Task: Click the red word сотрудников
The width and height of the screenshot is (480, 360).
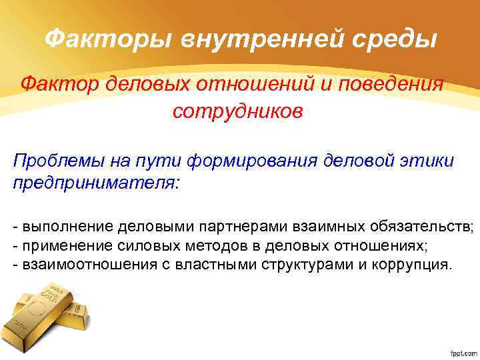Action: point(237,111)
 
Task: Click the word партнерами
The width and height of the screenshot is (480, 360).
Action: point(216,228)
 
